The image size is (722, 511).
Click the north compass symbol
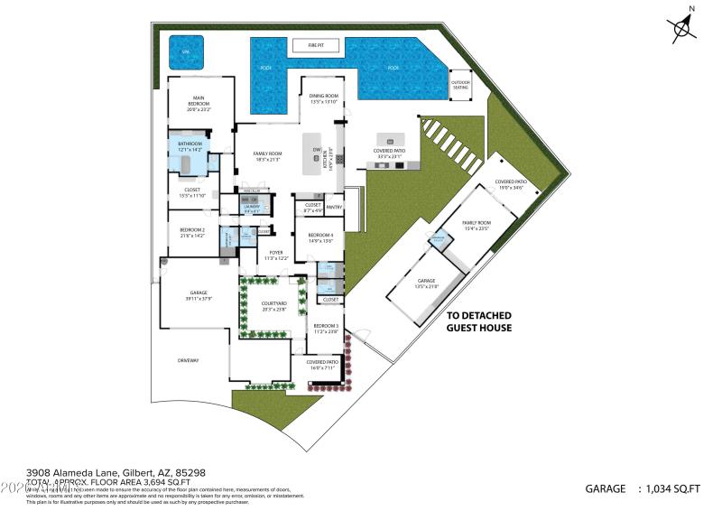coord(683,27)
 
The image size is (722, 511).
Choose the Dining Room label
coord(323,98)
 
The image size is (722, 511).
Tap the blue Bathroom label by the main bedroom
coord(190,145)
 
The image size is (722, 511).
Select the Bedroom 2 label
coord(192,232)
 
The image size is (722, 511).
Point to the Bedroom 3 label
coord(326,328)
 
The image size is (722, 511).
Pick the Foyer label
coord(275,255)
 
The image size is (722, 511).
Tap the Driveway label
coord(188,360)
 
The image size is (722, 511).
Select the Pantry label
coord(334,207)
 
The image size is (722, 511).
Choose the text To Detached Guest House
coord(479,321)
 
